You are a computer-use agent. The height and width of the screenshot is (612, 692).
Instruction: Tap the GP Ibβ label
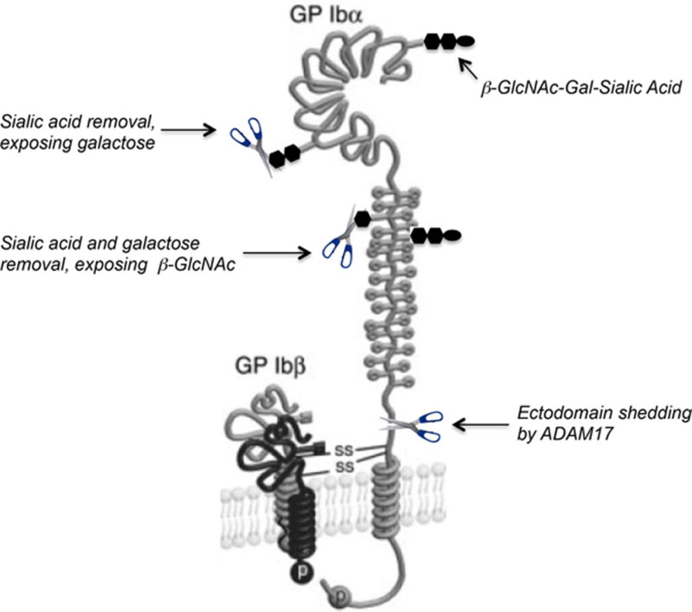[270, 366]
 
